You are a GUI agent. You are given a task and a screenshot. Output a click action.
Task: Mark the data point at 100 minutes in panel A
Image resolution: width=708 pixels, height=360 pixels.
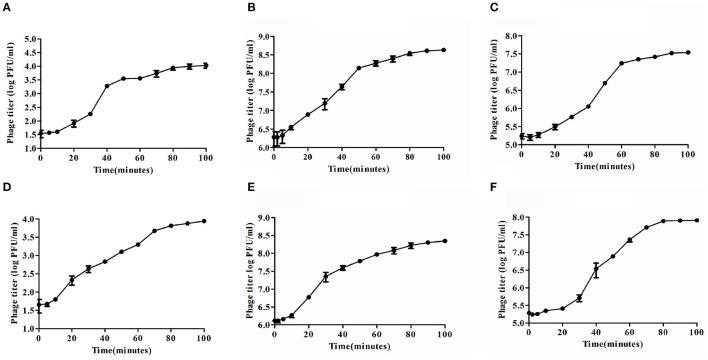205,65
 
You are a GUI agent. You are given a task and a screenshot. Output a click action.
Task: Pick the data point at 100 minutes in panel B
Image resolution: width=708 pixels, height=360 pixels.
442,50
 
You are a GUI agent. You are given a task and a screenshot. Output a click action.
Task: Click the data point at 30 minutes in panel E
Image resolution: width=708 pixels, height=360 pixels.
325,277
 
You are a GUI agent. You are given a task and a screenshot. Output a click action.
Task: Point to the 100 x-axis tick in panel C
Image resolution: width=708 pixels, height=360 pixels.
690,155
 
